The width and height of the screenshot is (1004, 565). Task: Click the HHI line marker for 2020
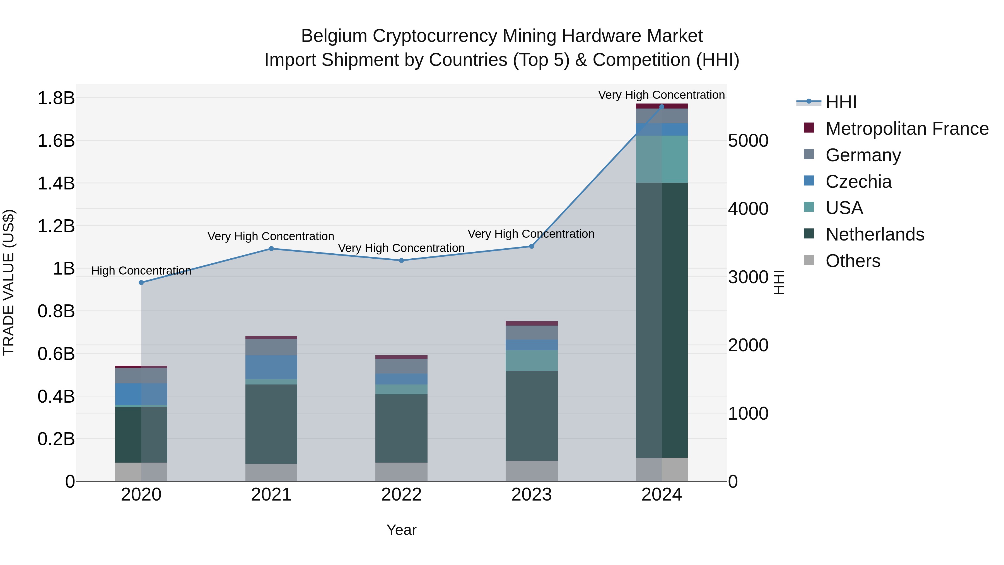[141, 283]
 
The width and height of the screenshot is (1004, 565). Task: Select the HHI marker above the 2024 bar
[662, 107]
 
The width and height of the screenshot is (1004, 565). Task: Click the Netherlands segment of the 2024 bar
[662, 320]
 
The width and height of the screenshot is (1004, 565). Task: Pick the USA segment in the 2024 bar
[662, 159]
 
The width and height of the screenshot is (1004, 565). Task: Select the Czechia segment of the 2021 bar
[271, 367]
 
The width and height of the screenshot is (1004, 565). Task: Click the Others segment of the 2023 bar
[531, 471]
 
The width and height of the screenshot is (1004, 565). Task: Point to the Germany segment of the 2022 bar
[401, 366]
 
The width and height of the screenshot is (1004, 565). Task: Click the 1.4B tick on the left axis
[56, 183]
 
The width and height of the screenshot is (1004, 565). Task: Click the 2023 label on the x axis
[531, 495]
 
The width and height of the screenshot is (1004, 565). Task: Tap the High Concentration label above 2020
[141, 271]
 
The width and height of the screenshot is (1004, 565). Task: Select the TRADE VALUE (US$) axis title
[9, 282]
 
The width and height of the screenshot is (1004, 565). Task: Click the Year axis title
[401, 530]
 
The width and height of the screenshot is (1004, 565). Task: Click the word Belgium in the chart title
[334, 36]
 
